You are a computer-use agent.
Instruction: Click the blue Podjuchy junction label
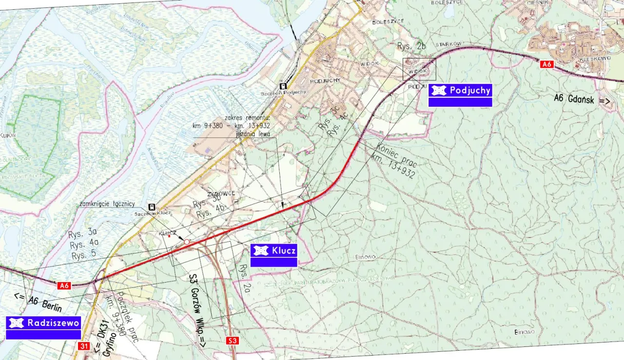(x=460, y=91)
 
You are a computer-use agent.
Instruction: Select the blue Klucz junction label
(x=273, y=251)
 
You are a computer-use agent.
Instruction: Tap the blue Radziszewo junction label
(x=43, y=323)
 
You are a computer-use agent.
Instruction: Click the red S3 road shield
(x=233, y=341)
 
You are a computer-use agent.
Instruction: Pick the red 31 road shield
(x=84, y=346)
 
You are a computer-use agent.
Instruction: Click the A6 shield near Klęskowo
(x=546, y=64)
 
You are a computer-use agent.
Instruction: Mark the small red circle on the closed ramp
(x=186, y=242)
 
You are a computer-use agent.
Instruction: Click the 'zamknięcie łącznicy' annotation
(x=107, y=204)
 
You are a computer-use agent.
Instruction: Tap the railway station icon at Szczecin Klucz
(x=152, y=207)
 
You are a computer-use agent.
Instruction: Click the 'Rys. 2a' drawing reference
(x=243, y=278)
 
